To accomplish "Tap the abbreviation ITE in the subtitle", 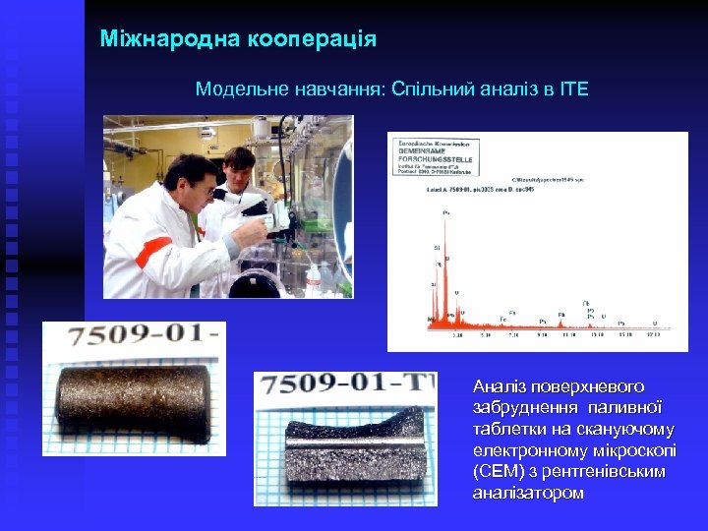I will (572, 89).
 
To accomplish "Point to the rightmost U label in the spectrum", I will (654, 322).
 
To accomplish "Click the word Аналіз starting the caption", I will (501, 386).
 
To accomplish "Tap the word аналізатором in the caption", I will (528, 493).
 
